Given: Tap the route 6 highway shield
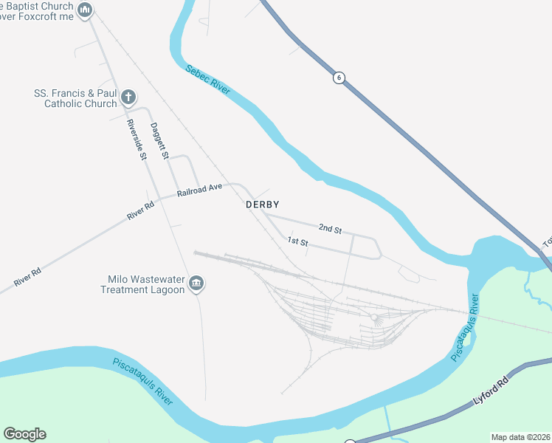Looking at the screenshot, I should point(339,78).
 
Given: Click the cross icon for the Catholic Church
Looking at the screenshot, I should point(128,96).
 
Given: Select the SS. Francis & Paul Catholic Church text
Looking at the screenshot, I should point(76,99).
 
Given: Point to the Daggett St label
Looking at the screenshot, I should point(159,140).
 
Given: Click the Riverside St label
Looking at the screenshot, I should point(135,138).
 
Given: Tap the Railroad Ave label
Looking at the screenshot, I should point(199,190).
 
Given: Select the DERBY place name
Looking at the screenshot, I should point(263,205).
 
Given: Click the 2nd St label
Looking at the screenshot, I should point(330,230).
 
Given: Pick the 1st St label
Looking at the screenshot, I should point(297,241).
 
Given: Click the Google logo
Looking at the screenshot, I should point(24,434).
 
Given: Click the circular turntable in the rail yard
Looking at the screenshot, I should point(376,319).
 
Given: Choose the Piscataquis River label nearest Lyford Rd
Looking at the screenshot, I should point(465,328).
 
